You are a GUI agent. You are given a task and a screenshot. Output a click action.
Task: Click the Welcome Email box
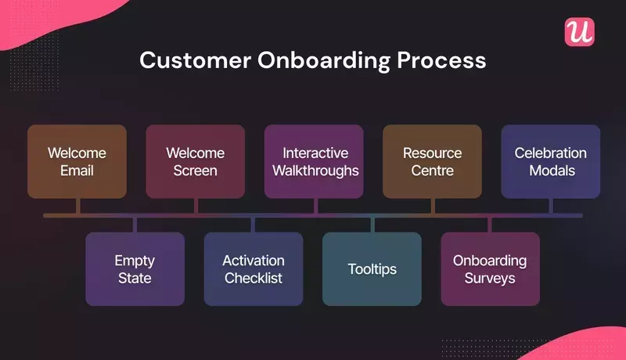click(77, 161)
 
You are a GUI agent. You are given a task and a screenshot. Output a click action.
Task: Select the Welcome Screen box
click(195, 161)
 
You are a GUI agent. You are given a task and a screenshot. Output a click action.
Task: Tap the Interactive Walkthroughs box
click(314, 161)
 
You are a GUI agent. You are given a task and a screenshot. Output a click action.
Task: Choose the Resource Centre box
click(432, 161)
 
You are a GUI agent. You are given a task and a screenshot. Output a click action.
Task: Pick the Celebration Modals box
click(550, 161)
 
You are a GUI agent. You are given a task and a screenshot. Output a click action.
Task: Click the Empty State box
click(135, 268)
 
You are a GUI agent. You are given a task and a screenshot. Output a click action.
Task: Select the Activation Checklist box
click(253, 268)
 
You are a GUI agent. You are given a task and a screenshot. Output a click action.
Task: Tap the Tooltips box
click(372, 268)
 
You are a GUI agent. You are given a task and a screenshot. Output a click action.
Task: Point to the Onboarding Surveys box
click(490, 268)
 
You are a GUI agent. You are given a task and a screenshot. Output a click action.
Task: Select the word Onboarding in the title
click(327, 60)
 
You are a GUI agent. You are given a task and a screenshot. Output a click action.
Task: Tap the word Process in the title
click(447, 60)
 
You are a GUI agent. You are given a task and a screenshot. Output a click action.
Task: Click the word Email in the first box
click(77, 171)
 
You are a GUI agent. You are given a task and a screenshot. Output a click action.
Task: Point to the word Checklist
click(253, 278)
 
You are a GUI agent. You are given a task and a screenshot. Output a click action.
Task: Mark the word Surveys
click(490, 278)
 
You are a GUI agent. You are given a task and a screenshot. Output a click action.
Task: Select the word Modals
click(550, 171)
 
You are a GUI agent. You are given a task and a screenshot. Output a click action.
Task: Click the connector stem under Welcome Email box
click(77, 206)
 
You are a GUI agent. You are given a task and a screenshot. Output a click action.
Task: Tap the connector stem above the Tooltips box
click(372, 225)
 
